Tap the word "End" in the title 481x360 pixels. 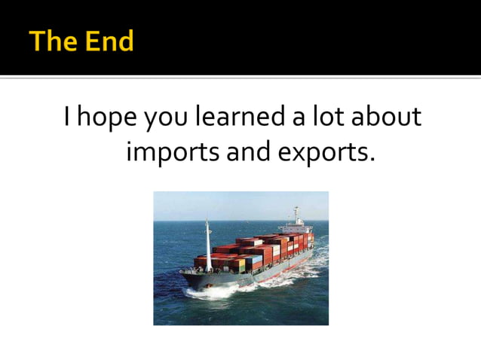[108, 41]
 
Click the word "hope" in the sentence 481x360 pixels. [109, 119]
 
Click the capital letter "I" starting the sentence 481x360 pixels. [68, 117]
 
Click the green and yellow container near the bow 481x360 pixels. [241, 264]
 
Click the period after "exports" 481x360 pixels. [372, 160]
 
